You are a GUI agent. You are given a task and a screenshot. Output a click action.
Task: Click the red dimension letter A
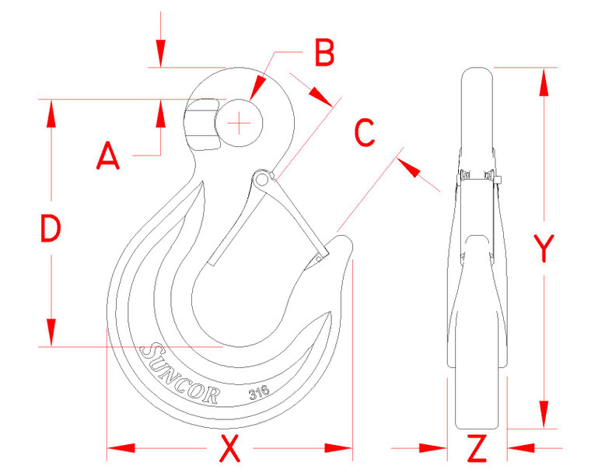[x=108, y=158]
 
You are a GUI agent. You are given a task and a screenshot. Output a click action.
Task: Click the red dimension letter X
[x=229, y=449]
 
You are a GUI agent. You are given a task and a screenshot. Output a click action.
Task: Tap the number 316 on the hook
[x=258, y=394]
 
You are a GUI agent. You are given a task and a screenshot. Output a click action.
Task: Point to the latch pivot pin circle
[x=262, y=180]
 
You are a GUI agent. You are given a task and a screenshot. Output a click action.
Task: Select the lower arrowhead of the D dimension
[x=51, y=332]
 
